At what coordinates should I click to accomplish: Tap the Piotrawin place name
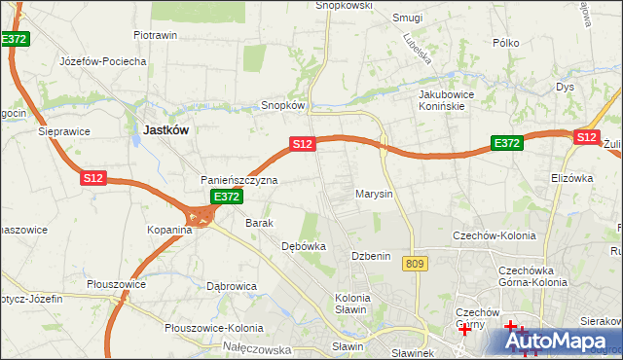[155, 35]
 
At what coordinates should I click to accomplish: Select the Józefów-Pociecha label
[103, 61]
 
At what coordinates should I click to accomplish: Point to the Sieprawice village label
[63, 130]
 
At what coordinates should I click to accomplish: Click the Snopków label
[283, 105]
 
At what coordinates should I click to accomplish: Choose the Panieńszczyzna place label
[239, 181]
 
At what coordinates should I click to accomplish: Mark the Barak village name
[259, 223]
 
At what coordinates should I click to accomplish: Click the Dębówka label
[303, 247]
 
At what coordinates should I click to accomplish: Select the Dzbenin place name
[371, 256]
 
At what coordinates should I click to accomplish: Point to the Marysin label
[374, 194]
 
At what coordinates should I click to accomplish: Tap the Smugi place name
[407, 18]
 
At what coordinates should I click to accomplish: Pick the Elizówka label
[571, 178]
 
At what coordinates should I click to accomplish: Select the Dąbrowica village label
[232, 286]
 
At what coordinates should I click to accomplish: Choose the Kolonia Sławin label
[351, 304]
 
